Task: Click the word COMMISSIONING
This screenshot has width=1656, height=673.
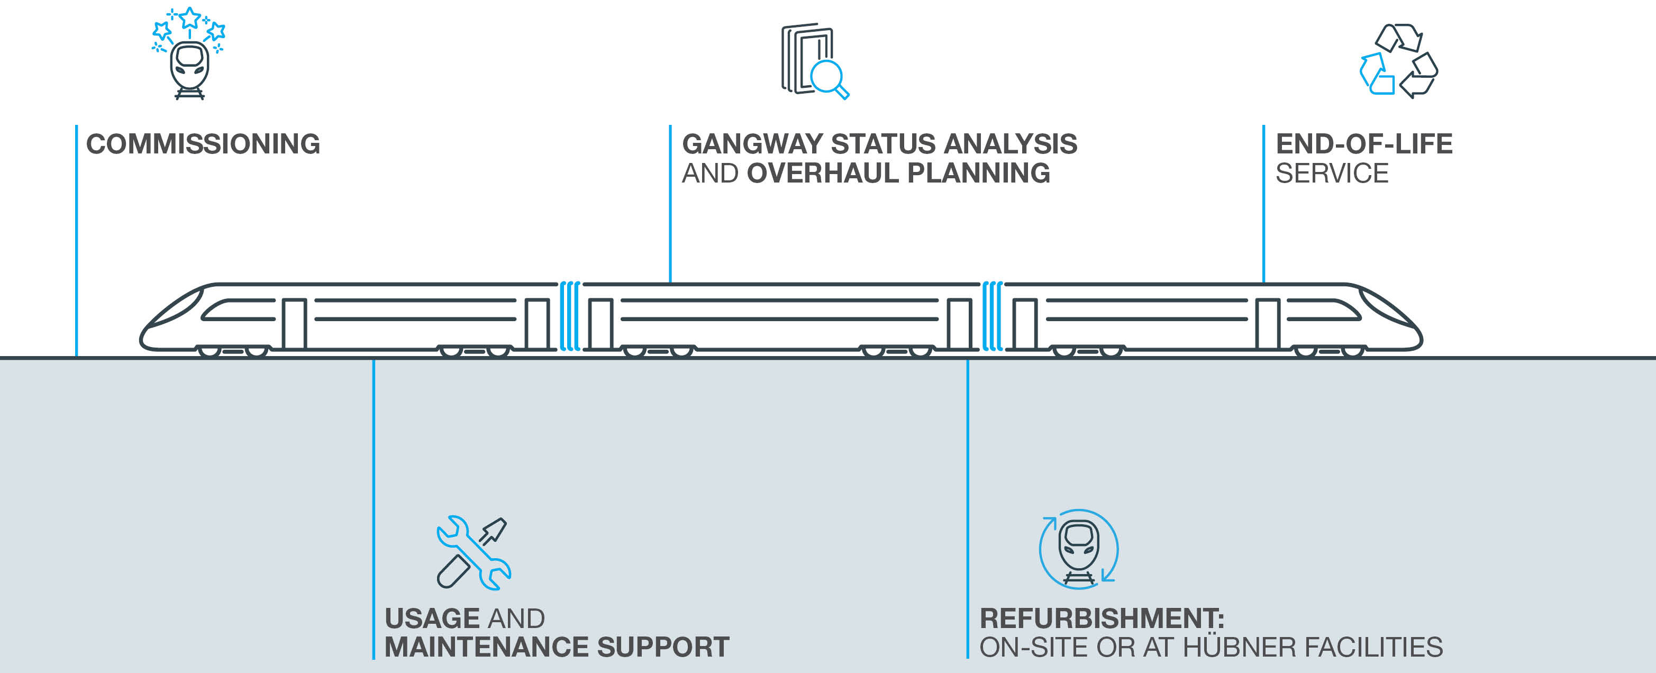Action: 203,144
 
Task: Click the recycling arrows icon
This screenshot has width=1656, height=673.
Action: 1398,61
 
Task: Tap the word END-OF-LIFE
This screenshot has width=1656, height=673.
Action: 1364,144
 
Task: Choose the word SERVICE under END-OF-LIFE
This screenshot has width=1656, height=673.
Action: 1332,173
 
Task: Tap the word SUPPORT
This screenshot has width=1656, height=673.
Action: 663,647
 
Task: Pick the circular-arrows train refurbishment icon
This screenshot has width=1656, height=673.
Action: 1079,550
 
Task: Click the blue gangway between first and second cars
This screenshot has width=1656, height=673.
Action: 570,316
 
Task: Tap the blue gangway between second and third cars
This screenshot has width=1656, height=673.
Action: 992,316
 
